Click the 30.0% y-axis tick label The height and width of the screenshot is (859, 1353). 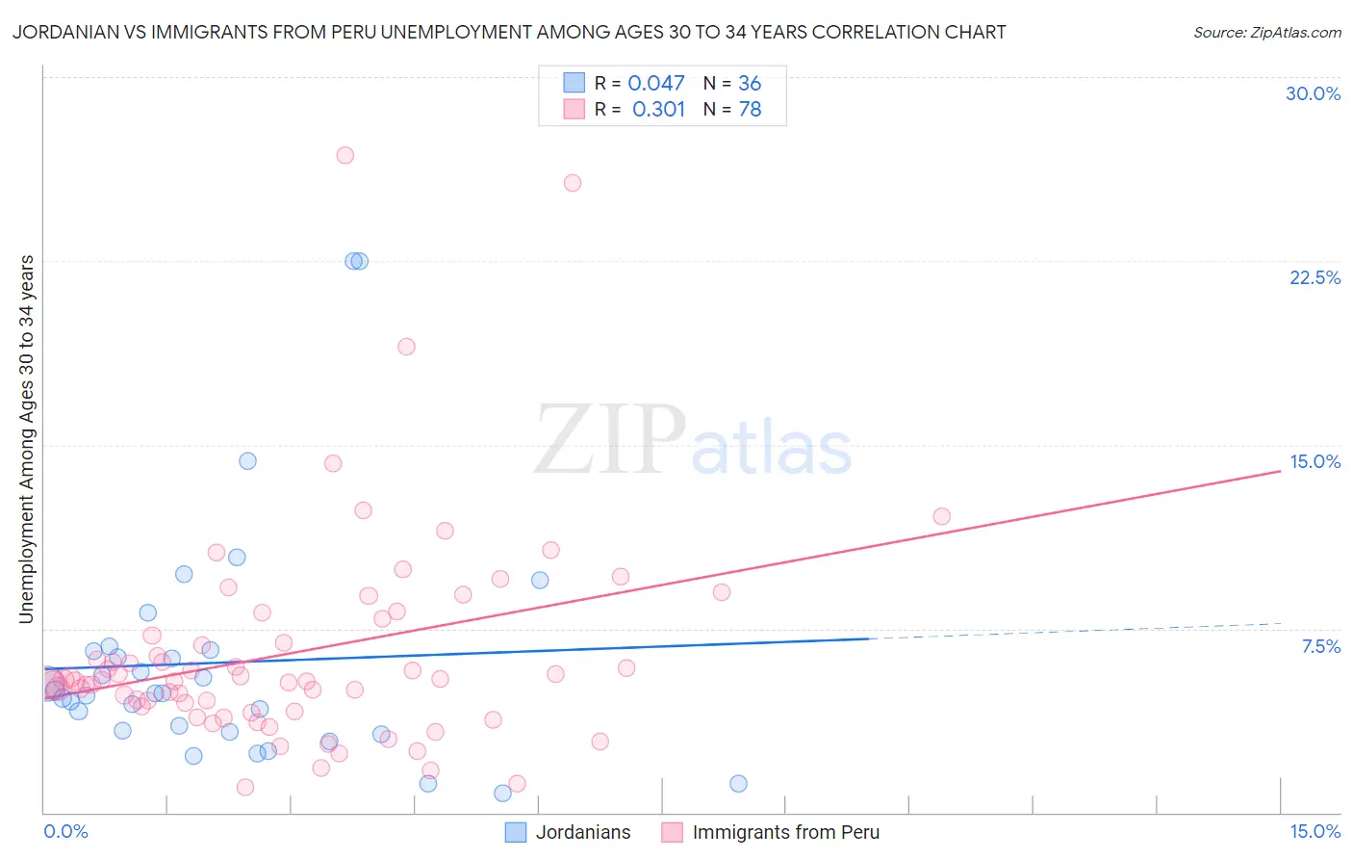(1313, 93)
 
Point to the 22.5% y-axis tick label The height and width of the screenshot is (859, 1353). (1315, 277)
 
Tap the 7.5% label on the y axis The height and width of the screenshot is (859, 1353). (1320, 646)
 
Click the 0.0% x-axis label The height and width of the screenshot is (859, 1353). (65, 831)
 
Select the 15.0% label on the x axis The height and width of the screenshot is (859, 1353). (1315, 831)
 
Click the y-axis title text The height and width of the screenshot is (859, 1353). (26, 438)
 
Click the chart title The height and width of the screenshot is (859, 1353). (509, 32)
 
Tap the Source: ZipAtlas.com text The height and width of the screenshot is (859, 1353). (1266, 32)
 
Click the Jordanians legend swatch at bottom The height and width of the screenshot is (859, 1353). (516, 832)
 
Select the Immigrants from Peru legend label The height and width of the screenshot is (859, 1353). (785, 832)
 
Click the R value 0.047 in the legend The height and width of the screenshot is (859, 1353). (655, 84)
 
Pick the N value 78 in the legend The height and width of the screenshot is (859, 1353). (750, 110)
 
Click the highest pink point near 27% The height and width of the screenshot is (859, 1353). (345, 155)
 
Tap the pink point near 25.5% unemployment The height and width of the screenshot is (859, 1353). (573, 183)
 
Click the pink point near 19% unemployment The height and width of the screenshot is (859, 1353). (406, 347)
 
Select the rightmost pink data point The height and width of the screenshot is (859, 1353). (941, 516)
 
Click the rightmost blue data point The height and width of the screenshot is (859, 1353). (738, 784)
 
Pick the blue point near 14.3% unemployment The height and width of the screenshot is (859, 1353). (247, 461)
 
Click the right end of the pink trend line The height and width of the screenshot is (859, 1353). (1279, 471)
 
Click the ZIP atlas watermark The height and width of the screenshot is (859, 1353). (693, 439)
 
